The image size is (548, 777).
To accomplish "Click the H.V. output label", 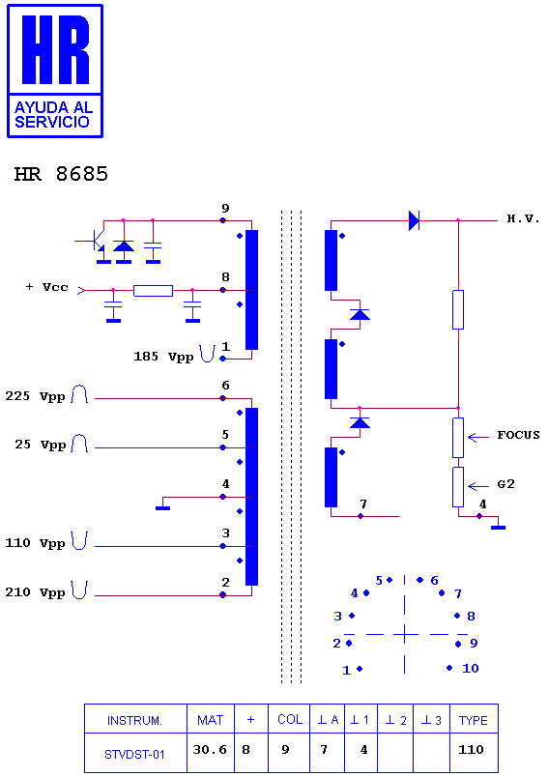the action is (x=523, y=218).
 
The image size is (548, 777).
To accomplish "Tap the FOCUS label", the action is (x=518, y=435).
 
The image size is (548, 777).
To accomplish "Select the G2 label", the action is (x=505, y=484).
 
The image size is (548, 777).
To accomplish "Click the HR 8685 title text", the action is (x=61, y=174).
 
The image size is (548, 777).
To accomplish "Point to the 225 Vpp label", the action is (x=35, y=396).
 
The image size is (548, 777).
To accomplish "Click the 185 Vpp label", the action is (x=163, y=357).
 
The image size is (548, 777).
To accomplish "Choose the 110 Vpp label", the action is (x=35, y=543).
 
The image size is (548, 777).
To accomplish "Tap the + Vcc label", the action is (x=47, y=287).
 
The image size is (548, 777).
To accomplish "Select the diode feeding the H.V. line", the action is (x=415, y=220).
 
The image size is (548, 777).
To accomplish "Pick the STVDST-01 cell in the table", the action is (x=134, y=754).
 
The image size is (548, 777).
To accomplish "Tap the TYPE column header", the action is (x=474, y=720).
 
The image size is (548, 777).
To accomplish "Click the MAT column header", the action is (x=210, y=720).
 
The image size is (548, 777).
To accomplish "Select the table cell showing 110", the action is (x=472, y=750).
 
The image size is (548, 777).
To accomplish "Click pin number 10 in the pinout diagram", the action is (x=471, y=669).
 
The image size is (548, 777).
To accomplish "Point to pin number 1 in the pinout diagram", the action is (x=346, y=671).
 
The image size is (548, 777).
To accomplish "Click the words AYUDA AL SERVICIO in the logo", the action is (x=53, y=115).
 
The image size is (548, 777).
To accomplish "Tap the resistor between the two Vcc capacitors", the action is (x=153, y=291).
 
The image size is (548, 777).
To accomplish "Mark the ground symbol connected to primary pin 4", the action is (x=162, y=508).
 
